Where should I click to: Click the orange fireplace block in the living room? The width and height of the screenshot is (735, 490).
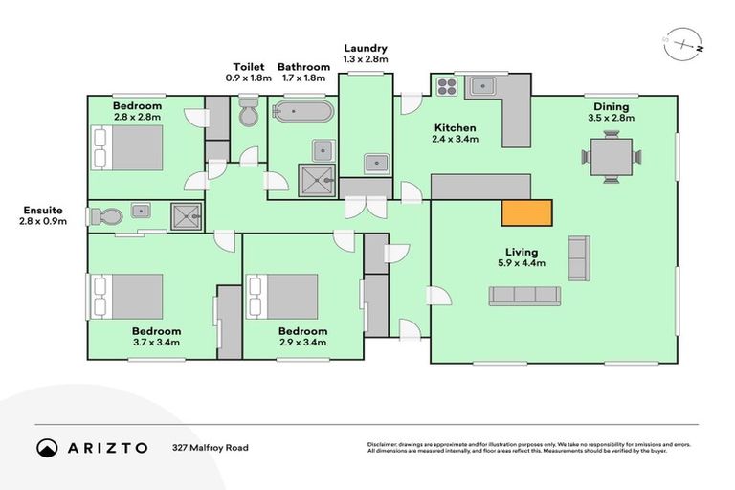[x=526, y=212]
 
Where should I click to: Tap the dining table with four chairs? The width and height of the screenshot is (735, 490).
[x=611, y=157]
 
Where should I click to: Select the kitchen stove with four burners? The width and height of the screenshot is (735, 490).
[x=447, y=87]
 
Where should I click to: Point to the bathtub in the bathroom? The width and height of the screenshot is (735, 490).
[x=303, y=114]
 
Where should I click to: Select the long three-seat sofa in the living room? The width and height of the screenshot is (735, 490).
[x=525, y=296]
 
